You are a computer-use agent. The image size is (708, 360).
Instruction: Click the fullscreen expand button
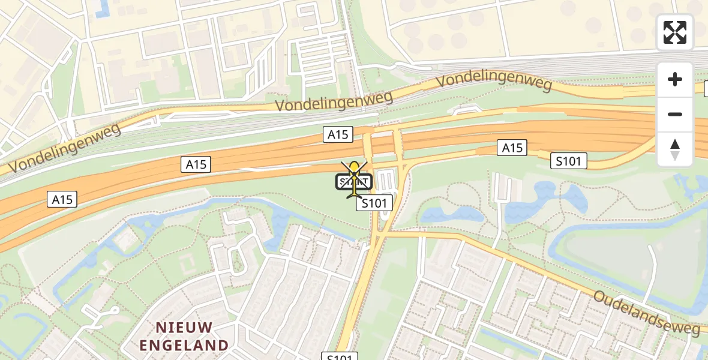[x=675, y=32]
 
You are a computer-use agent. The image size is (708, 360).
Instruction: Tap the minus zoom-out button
[x=675, y=114]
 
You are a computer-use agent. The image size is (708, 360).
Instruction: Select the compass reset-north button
[x=675, y=149]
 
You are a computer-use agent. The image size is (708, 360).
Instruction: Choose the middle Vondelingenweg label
[x=334, y=100]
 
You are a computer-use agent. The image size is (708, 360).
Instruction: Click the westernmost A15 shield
[x=62, y=199]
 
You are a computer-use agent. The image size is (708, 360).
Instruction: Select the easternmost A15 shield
[x=512, y=148]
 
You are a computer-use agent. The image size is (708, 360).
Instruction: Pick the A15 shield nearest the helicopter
[x=338, y=135]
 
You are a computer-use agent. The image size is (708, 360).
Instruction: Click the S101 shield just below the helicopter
[x=374, y=203]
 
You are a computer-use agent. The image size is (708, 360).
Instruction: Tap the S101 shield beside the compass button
[x=569, y=160]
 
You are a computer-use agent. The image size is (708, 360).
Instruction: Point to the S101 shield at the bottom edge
[x=340, y=356]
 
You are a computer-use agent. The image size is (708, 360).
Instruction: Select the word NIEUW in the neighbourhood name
[x=184, y=328]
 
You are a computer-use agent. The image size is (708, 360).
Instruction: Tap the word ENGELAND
[x=184, y=345]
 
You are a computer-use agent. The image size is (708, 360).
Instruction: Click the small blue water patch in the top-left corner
[x=103, y=7]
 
